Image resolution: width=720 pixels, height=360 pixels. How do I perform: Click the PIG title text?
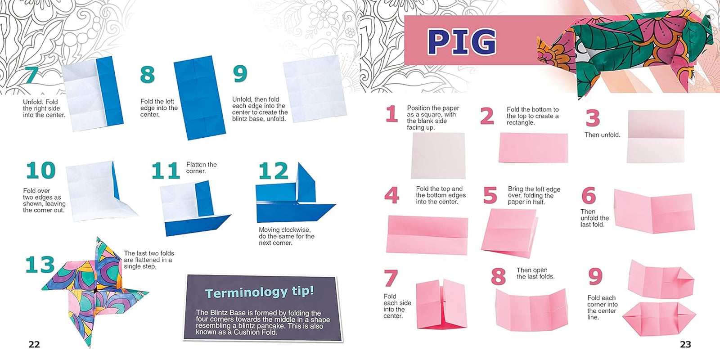(x=462, y=42)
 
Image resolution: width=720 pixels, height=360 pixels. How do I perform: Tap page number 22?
(x=34, y=345)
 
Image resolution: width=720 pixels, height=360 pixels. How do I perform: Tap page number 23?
(x=685, y=345)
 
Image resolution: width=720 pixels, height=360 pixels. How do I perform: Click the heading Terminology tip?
(x=259, y=292)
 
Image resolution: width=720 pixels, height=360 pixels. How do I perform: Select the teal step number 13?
(x=40, y=265)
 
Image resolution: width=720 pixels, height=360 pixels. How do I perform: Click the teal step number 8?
(x=148, y=75)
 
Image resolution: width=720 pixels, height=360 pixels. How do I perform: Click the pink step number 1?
(x=391, y=114)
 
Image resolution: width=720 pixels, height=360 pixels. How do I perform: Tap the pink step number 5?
(x=490, y=196)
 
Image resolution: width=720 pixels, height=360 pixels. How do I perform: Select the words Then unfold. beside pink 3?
(x=602, y=135)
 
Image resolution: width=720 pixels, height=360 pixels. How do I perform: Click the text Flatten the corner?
(x=201, y=168)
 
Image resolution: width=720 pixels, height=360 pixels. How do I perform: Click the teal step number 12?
(x=273, y=171)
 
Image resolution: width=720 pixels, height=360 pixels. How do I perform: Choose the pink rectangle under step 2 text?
(x=533, y=148)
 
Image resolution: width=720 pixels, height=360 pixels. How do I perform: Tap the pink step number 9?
(x=595, y=276)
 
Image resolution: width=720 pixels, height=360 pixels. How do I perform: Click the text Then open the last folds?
(x=535, y=273)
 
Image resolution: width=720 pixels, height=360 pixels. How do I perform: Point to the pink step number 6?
(x=589, y=196)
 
